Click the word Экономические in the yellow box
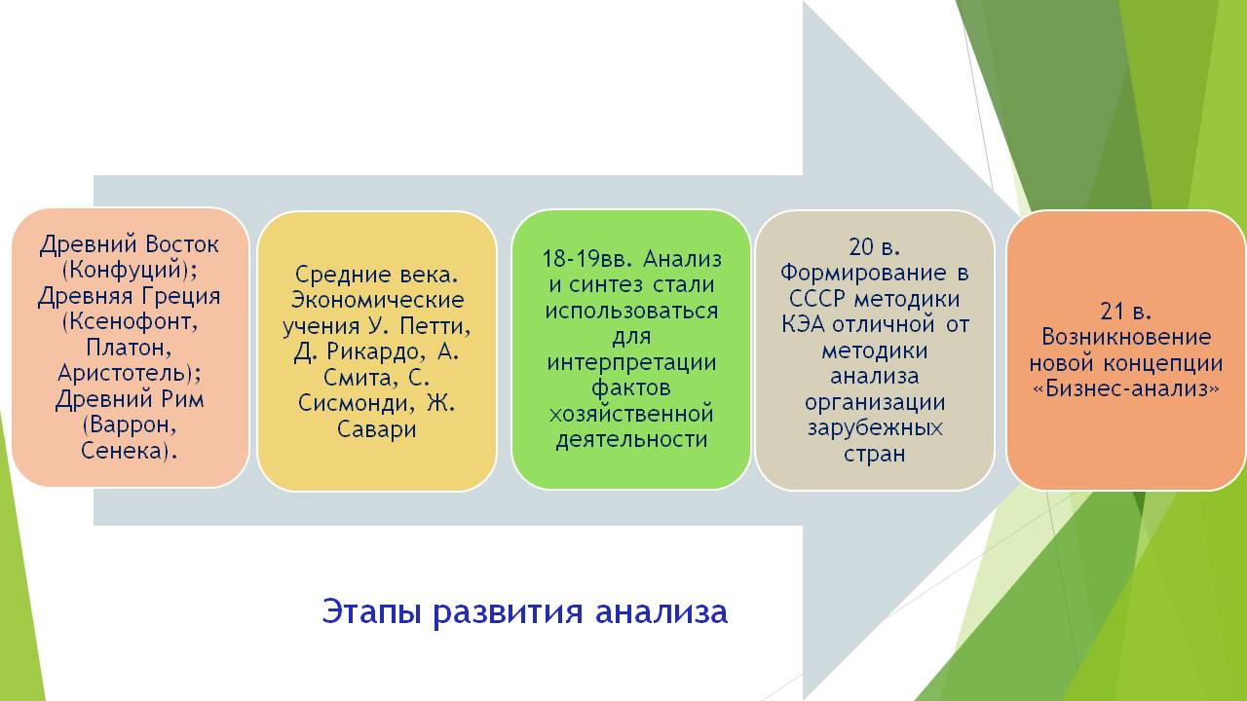click(377, 300)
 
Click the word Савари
click(376, 429)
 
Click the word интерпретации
click(631, 362)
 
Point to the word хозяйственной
click(631, 414)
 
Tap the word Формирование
click(862, 274)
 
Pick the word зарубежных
click(875, 428)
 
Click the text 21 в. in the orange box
click(1125, 311)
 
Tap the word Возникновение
click(1126, 337)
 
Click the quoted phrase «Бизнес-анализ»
click(1126, 388)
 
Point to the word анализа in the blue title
click(661, 612)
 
